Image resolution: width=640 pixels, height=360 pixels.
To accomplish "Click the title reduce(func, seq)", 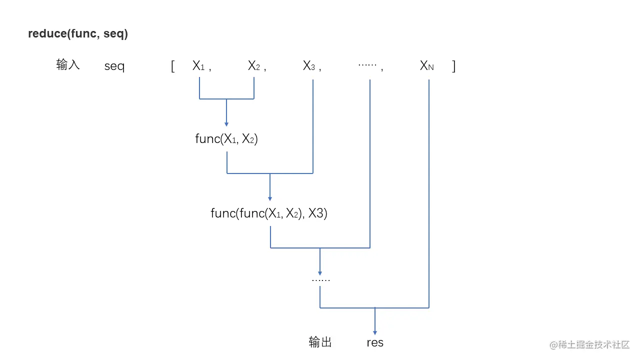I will click(78, 34).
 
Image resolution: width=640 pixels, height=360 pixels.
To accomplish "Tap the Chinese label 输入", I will click(68, 65).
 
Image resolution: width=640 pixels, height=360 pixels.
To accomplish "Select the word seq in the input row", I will click(114, 66).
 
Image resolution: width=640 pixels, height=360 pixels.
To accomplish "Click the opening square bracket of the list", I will click(172, 66).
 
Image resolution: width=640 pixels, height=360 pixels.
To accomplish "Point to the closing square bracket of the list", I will click(453, 66).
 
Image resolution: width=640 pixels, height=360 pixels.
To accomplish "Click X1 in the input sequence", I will click(198, 66).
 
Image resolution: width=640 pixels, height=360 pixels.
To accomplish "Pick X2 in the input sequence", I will click(254, 66).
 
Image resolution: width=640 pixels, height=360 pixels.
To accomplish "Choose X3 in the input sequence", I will click(309, 66).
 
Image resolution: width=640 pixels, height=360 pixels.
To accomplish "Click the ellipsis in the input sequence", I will click(367, 65).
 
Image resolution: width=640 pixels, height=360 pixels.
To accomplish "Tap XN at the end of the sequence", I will click(426, 66).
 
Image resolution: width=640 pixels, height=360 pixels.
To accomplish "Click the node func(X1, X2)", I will click(226, 139).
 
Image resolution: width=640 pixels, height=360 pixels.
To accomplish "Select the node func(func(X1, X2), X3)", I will click(269, 213).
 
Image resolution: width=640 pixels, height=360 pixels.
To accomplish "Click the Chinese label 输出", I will click(320, 342).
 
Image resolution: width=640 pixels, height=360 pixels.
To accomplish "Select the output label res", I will click(375, 342).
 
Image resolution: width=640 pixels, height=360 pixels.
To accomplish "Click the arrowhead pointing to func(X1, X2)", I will click(226, 123).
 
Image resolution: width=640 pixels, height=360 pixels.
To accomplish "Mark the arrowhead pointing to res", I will click(375, 331).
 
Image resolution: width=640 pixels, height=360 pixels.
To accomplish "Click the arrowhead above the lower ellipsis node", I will click(320, 272).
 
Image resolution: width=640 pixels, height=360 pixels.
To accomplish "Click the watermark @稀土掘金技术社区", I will click(589, 344).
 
